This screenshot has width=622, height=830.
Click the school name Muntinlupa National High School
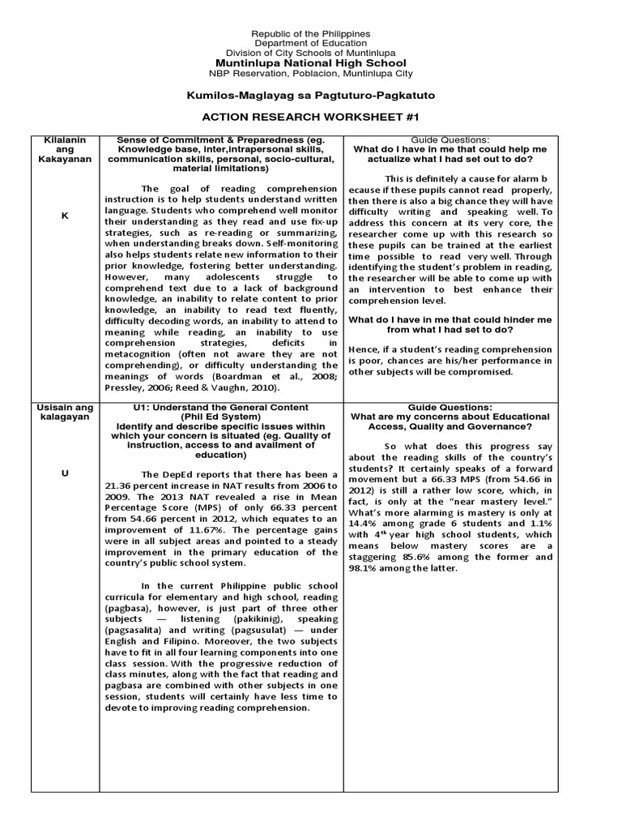[311, 62]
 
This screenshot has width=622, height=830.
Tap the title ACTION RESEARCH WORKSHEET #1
[311, 117]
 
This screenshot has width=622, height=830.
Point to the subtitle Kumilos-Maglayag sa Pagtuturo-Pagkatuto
[311, 96]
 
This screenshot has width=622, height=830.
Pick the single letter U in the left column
[64, 473]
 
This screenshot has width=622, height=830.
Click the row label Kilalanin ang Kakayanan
[64, 149]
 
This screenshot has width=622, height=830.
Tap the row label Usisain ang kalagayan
[64, 413]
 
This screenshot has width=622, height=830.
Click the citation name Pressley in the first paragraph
[126, 389]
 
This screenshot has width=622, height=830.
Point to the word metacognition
[145, 355]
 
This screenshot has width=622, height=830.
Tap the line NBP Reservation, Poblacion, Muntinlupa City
[311, 73]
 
